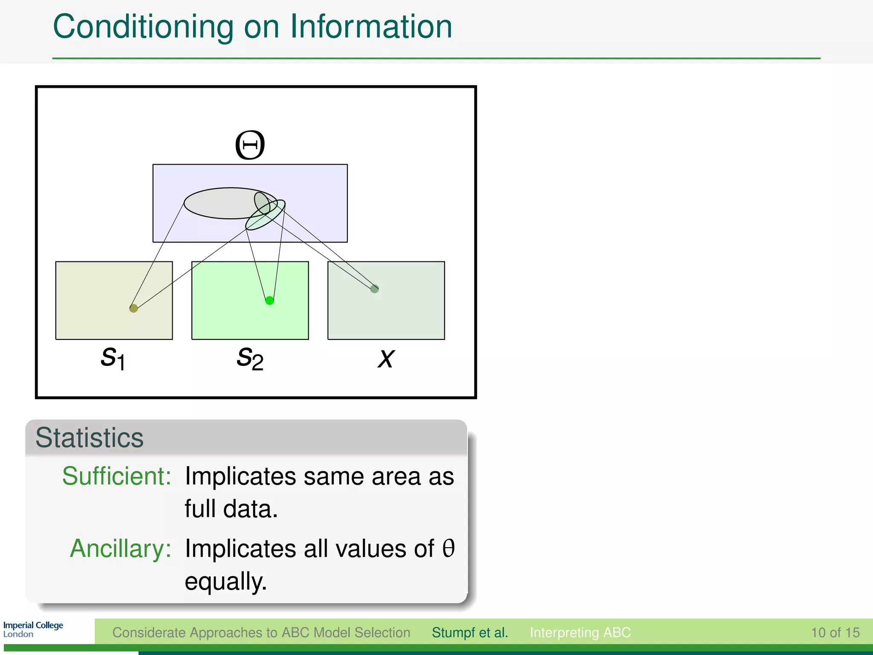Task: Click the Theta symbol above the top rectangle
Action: pyautogui.click(x=250, y=145)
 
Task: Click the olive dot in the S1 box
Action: pyautogui.click(x=133, y=308)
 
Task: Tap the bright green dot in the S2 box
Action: pyautogui.click(x=269, y=301)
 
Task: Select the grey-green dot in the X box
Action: pyautogui.click(x=374, y=289)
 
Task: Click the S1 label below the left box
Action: pyautogui.click(x=113, y=358)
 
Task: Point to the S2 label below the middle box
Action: pyautogui.click(x=250, y=358)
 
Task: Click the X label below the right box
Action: pyautogui.click(x=386, y=358)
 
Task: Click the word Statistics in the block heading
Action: pyautogui.click(x=90, y=438)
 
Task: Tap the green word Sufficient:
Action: pyautogui.click(x=116, y=476)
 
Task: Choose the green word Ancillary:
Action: pyautogui.click(x=120, y=548)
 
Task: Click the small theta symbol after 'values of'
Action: pyautogui.click(x=448, y=548)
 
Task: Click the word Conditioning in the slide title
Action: pyautogui.click(x=143, y=26)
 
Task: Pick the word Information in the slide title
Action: pyautogui.click(x=371, y=26)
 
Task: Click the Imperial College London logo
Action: pyautogui.click(x=33, y=629)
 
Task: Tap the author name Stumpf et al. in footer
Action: pyautogui.click(x=470, y=632)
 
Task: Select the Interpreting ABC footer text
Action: pyautogui.click(x=580, y=632)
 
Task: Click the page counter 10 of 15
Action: pyautogui.click(x=835, y=632)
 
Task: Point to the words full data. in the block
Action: pyautogui.click(x=231, y=509)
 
